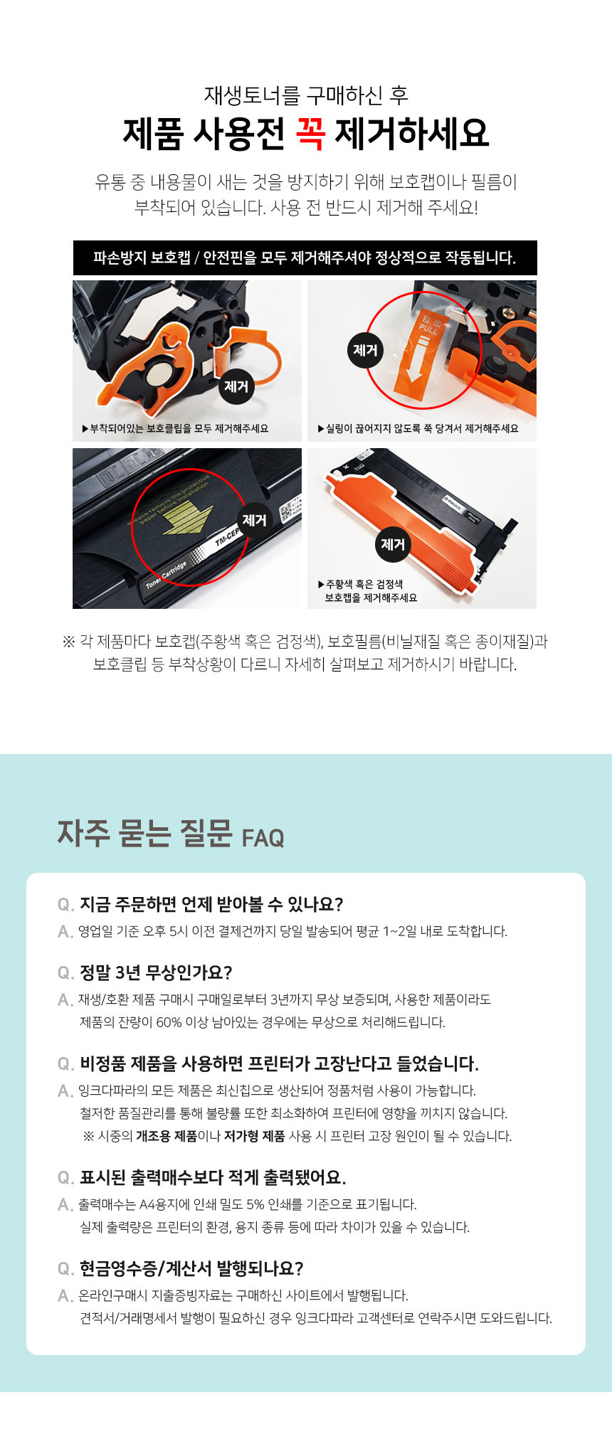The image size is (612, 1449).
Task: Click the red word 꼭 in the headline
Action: [309, 133]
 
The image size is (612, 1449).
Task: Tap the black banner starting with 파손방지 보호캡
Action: [305, 258]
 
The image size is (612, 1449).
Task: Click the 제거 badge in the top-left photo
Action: [236, 386]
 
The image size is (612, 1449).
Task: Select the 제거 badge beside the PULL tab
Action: [365, 350]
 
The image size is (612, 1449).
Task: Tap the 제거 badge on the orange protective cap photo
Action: [393, 544]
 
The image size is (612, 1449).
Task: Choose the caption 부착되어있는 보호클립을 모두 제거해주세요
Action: [175, 428]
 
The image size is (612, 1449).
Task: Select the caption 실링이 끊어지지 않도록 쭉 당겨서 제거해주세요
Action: [418, 428]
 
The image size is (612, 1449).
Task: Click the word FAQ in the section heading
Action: [263, 838]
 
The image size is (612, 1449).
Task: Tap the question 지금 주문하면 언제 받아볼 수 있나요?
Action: [211, 904]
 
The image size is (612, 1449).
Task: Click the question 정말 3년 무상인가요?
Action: [156, 972]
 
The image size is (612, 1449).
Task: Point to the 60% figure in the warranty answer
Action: [169, 1022]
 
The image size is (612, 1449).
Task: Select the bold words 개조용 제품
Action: [167, 1136]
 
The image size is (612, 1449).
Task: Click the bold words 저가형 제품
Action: [255, 1136]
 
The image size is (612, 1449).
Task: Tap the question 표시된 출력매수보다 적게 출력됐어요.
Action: [213, 1177]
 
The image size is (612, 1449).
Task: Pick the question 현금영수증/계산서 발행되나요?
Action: [191, 1268]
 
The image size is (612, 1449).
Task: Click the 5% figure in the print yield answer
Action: [255, 1204]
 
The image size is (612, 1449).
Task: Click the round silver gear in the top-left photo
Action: [159, 373]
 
